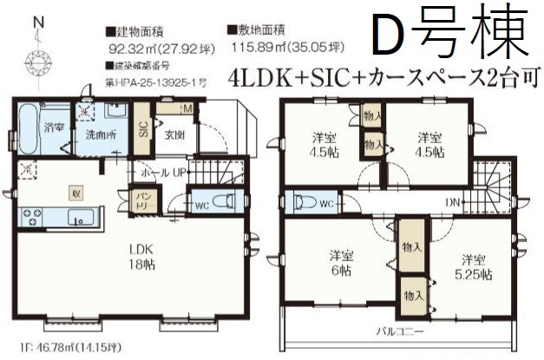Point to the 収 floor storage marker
click(x=75, y=193)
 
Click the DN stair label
click(x=451, y=202)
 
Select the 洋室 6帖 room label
click(x=341, y=261)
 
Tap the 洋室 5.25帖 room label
click(x=472, y=266)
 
